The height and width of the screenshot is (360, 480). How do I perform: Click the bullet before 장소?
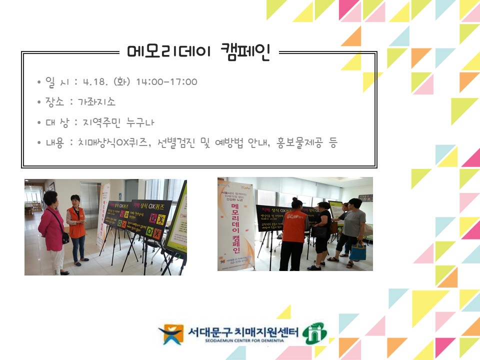pos(39,102)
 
